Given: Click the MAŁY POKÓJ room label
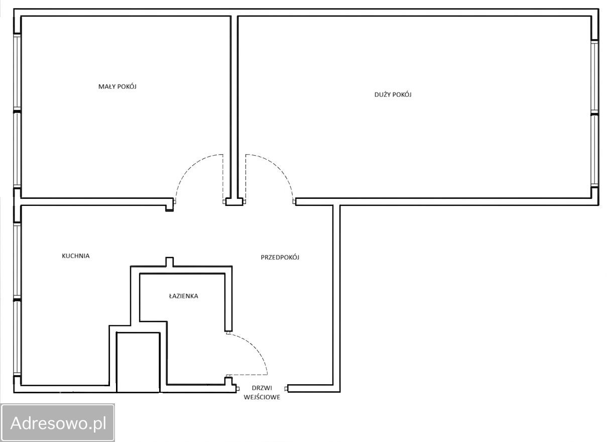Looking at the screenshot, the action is coord(117,86).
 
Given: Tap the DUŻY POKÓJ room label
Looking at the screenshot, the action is coord(393,94).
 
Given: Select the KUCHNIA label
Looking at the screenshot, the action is coord(76,256).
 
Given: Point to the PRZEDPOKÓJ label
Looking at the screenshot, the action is coord(280,257).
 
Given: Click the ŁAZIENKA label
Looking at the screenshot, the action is coord(183,296).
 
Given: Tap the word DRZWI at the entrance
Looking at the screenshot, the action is coord(262,388).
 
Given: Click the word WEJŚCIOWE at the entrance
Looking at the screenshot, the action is coord(262,397).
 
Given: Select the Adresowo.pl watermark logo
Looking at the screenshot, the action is coord(58,422).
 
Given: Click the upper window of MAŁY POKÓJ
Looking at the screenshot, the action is coord(17,72).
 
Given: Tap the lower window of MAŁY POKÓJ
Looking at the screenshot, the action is coord(17,150).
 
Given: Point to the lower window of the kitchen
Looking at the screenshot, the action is coord(17,338).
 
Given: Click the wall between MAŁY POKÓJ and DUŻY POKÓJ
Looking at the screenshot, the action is coord(234,107).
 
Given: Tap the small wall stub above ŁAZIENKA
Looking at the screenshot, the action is coord(169,262).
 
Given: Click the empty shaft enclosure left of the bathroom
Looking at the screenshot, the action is coord(138,362).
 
